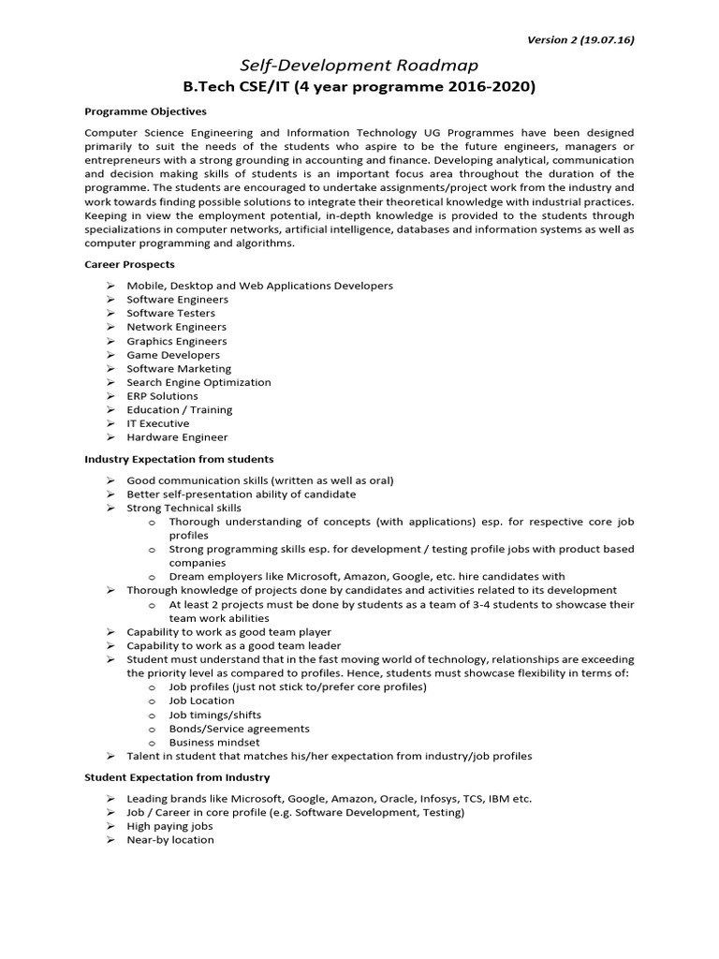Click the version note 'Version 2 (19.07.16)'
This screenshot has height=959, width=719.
click(581, 39)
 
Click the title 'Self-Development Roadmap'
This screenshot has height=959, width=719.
click(359, 65)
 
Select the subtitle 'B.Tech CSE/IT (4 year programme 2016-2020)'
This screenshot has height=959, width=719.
click(359, 87)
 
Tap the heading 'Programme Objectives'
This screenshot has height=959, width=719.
click(145, 111)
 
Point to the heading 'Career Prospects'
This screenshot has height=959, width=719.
click(130, 264)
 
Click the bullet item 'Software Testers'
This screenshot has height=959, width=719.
click(170, 313)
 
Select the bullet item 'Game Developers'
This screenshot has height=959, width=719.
click(173, 355)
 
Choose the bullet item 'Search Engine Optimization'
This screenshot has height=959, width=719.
click(198, 382)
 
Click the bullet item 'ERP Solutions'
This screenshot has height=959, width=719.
click(162, 396)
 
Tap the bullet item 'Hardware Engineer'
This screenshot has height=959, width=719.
click(177, 437)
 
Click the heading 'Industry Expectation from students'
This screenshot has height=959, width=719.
click(179, 459)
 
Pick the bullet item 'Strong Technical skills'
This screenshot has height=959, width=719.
click(183, 508)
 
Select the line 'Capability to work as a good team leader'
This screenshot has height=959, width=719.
click(234, 645)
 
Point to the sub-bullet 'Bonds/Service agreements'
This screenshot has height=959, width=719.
click(239, 729)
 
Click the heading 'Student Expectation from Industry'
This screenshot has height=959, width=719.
click(177, 777)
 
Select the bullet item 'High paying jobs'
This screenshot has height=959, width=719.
click(169, 826)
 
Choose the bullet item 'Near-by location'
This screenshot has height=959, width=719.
click(170, 840)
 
